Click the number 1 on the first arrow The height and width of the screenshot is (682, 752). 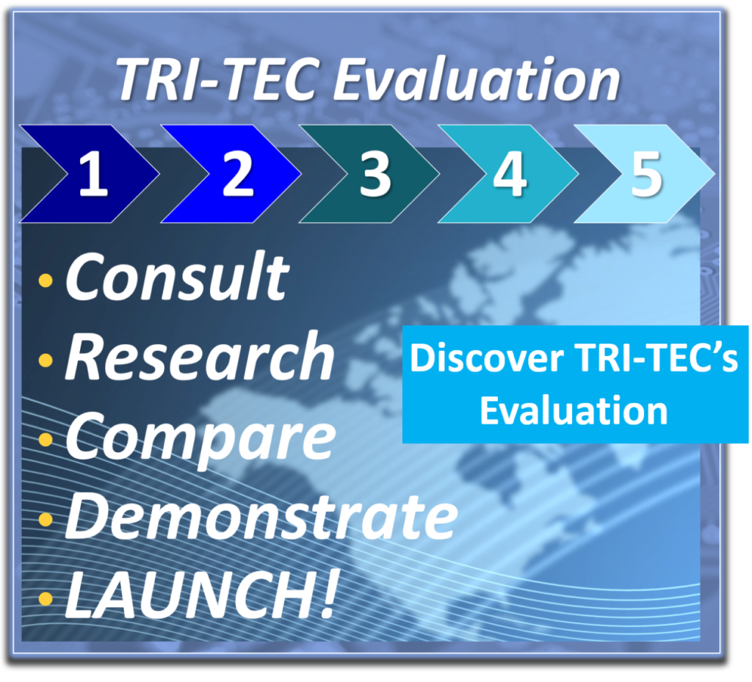pyautogui.click(x=93, y=173)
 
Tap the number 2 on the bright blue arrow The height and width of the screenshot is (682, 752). pyautogui.click(x=238, y=173)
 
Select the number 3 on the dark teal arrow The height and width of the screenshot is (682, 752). pyautogui.click(x=375, y=173)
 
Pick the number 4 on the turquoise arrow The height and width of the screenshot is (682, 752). pyautogui.click(x=510, y=173)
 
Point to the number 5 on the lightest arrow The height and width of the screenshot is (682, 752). pyautogui.click(x=647, y=173)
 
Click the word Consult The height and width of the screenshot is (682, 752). pyautogui.click(x=178, y=277)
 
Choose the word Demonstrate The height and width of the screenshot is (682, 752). pyautogui.click(x=262, y=516)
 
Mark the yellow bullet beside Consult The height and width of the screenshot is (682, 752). pyautogui.click(x=46, y=280)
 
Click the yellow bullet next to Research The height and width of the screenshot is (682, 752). pyautogui.click(x=46, y=360)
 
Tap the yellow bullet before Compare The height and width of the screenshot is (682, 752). pyautogui.click(x=46, y=440)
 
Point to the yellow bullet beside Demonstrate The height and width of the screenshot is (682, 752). pyautogui.click(x=46, y=519)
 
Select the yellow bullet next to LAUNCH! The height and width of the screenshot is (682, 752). pyautogui.click(x=46, y=598)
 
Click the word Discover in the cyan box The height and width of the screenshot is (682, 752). pyautogui.click(x=487, y=358)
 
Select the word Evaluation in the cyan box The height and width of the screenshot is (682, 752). pyautogui.click(x=574, y=410)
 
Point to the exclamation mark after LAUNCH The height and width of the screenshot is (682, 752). pyautogui.click(x=329, y=595)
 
